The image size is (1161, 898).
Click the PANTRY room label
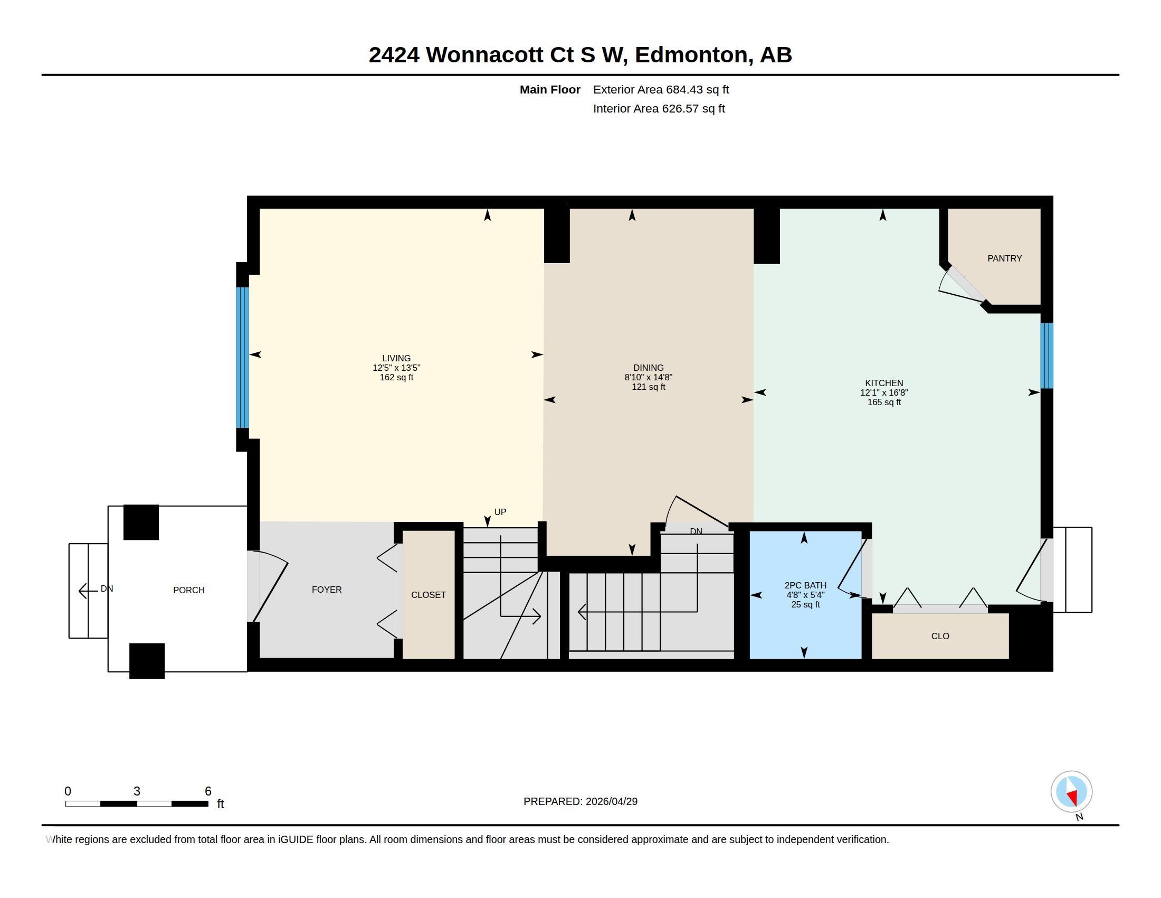coord(1004,258)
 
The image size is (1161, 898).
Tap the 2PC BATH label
coord(805,585)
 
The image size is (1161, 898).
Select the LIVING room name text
coord(396,358)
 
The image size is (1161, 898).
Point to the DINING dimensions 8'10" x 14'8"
coord(648,377)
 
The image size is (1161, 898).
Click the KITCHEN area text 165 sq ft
coord(884,402)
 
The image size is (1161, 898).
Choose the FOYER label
coord(326,590)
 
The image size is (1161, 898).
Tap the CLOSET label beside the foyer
coord(428,595)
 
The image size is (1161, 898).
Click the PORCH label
coord(189,590)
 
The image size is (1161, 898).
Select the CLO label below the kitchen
coord(940,637)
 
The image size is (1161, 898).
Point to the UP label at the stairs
coord(500,512)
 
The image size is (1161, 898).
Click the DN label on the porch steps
coord(107,588)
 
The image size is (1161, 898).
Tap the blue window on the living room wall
coord(242,358)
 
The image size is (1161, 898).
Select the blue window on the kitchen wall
coord(1046,356)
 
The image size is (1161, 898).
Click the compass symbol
coord(1071,792)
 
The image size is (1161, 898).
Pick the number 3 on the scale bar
coord(137,791)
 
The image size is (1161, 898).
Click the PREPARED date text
coord(580,801)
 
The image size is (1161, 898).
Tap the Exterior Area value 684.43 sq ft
coord(698,90)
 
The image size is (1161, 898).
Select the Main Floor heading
coord(550,90)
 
